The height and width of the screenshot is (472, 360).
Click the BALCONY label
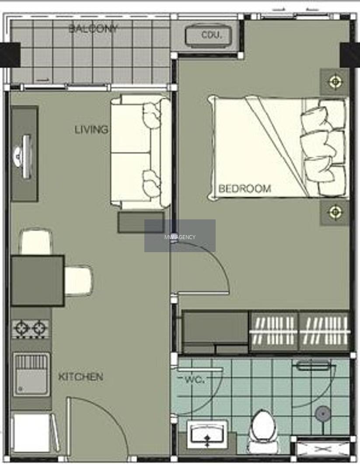pyautogui.click(x=93, y=29)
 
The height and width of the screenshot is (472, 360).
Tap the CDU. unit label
pyautogui.click(x=211, y=35)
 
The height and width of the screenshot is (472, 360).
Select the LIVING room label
pyautogui.click(x=91, y=129)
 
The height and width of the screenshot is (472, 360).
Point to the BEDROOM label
pyautogui.click(x=245, y=189)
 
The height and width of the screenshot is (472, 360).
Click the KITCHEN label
pyautogui.click(x=80, y=377)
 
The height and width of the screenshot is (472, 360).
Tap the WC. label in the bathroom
pyautogui.click(x=195, y=379)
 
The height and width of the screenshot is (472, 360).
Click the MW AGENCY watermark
pyautogui.click(x=180, y=237)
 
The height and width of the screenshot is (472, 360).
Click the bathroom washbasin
pyautogui.click(x=207, y=434)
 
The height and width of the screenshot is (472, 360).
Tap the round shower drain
pyautogui.click(x=323, y=414)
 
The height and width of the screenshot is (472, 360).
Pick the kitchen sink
pyautogui.click(x=31, y=374)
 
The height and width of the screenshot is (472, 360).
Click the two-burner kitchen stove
pyautogui.click(x=31, y=328)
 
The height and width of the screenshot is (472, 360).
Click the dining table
pyautogui.click(x=38, y=281)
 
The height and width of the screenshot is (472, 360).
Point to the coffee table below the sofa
pyautogui.click(x=141, y=222)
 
